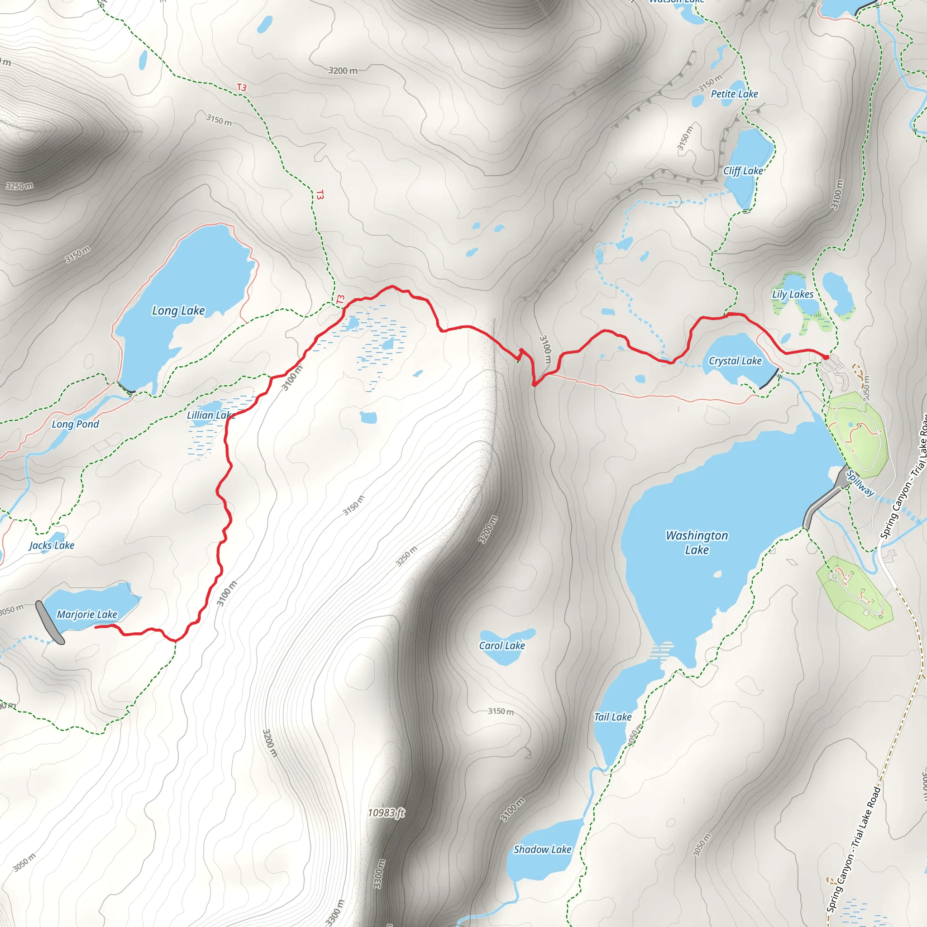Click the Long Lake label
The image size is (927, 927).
pyautogui.click(x=178, y=311)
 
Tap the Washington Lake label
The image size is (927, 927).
pyautogui.click(x=697, y=542)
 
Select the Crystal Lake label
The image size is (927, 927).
pyautogui.click(x=735, y=361)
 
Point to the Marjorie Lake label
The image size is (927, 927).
pyautogui.click(x=87, y=614)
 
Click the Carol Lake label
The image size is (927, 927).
pyautogui.click(x=502, y=645)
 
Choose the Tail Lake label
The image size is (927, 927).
pyautogui.click(x=613, y=717)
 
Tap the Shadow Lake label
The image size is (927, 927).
pyautogui.click(x=542, y=849)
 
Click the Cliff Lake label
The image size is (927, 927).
pyautogui.click(x=743, y=171)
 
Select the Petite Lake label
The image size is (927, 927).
pyautogui.click(x=734, y=94)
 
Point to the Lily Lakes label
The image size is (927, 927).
pyautogui.click(x=793, y=294)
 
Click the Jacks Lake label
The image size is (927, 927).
pyautogui.click(x=52, y=545)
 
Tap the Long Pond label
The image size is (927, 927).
pyautogui.click(x=75, y=424)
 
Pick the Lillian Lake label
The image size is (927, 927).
pyautogui.click(x=210, y=415)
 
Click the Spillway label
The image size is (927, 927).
pyautogui.click(x=860, y=483)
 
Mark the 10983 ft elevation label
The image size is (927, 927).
pyautogui.click(x=386, y=812)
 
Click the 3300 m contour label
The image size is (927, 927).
pyautogui.click(x=379, y=873)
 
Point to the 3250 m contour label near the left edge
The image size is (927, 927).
pyautogui.click(x=19, y=186)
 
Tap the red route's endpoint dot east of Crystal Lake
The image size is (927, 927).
pyautogui.click(x=826, y=358)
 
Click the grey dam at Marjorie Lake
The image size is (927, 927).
pyautogui.click(x=49, y=622)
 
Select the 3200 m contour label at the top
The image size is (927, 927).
pyautogui.click(x=343, y=71)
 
